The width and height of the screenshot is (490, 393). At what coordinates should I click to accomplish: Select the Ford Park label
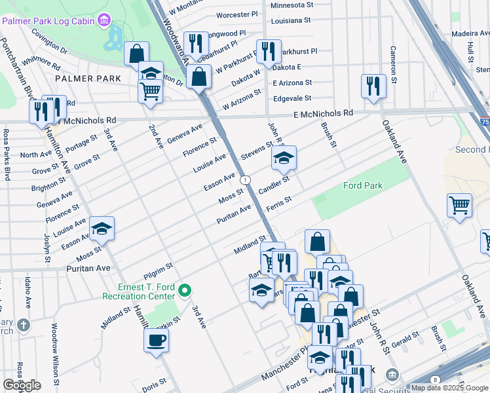pos(362,186)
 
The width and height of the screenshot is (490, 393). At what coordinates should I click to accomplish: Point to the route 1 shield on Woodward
pos(244,179)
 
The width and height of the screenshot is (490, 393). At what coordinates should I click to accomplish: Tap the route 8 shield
pos(435,379)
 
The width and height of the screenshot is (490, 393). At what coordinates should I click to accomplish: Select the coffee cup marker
pos(156,341)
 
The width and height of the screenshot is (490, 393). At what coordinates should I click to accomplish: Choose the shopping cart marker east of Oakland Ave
pos(459,206)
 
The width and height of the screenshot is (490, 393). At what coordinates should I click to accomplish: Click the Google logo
pos(22,385)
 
